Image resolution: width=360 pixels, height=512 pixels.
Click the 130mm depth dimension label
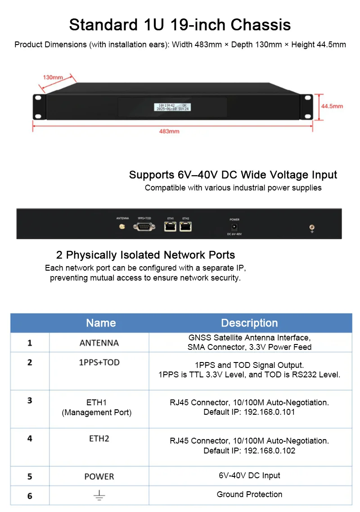point(53,77)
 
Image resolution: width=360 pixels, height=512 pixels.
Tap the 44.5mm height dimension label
point(332,106)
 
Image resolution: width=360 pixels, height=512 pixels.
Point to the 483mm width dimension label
point(169,131)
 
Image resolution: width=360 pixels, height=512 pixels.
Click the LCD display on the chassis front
point(172,107)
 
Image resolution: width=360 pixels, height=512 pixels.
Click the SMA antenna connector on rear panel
point(121,227)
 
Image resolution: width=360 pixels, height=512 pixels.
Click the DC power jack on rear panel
point(234,227)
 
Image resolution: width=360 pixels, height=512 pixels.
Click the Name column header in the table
point(101,323)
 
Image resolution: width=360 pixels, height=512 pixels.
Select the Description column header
point(249,323)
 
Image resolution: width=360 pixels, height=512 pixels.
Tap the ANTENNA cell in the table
point(99,343)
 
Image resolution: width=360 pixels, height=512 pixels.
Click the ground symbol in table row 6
point(99,496)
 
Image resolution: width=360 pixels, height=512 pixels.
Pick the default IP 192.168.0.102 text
point(249,450)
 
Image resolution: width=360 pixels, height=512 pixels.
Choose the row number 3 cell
point(30,400)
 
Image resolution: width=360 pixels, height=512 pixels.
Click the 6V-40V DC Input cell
point(249,476)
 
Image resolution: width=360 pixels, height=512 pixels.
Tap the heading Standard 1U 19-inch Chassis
point(180,24)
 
